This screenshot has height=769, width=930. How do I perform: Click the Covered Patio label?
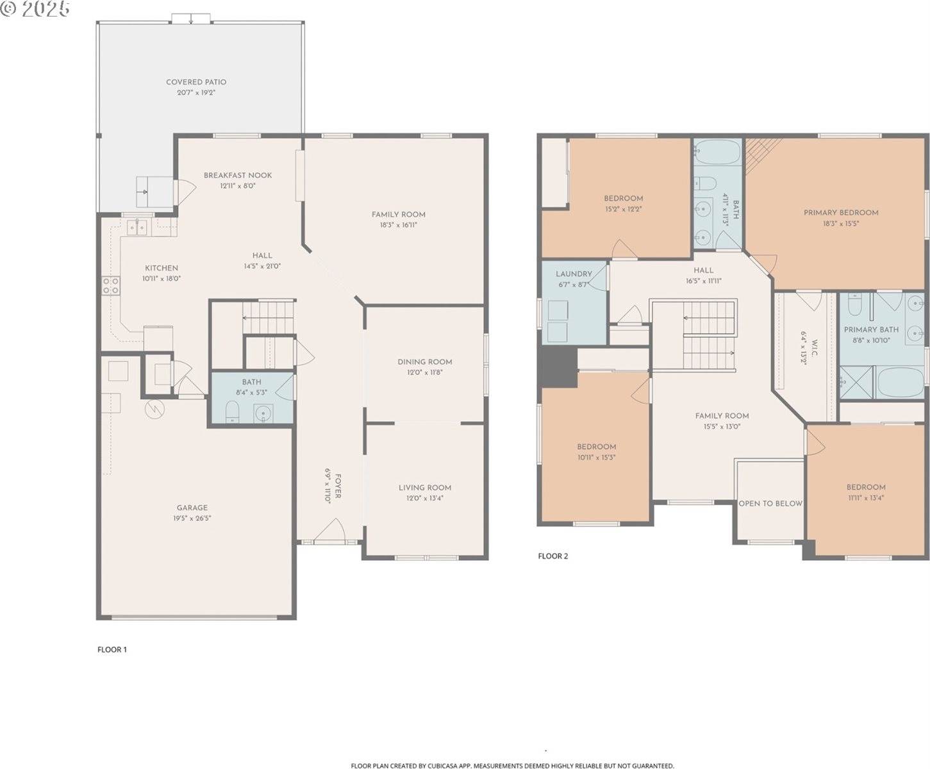tap(196, 82)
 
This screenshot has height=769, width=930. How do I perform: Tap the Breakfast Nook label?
tap(238, 175)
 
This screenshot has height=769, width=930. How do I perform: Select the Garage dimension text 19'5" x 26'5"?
tap(192, 518)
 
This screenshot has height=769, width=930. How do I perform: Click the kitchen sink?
tap(138, 226)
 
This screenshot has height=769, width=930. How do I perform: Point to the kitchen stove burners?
tap(110, 285)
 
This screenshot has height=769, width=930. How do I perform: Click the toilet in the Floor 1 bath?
tap(232, 411)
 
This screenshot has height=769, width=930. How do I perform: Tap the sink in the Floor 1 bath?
tap(263, 413)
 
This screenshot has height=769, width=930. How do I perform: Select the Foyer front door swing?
tap(332, 531)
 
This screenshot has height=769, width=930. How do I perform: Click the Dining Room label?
tap(424, 361)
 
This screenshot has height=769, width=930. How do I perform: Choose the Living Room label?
tap(424, 487)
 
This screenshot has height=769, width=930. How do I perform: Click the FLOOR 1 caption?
tap(112, 649)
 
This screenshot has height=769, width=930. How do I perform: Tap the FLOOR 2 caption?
tap(552, 556)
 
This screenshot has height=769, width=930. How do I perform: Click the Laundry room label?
tap(574, 274)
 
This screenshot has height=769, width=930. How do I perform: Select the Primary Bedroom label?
tap(841, 212)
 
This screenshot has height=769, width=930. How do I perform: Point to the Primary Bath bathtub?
tap(900, 383)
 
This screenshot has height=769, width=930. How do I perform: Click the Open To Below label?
tap(770, 503)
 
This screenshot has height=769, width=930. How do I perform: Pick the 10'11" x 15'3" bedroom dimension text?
tap(596, 458)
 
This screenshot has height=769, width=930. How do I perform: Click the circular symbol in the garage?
tap(154, 409)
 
